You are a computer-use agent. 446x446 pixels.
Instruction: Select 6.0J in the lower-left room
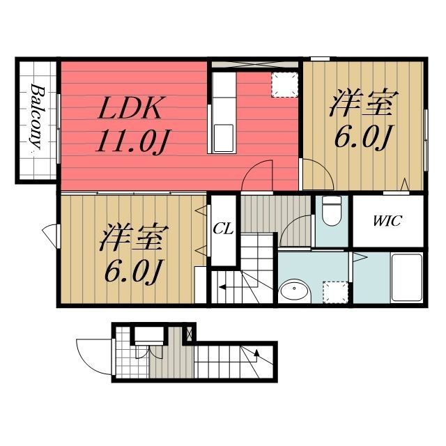coord(133,272)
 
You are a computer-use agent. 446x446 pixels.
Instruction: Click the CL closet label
coord(223,228)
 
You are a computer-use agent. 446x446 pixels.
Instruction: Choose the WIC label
coord(387,222)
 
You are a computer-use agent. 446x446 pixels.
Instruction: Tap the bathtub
coord(406,277)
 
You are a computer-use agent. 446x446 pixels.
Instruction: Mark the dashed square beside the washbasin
coord(336,290)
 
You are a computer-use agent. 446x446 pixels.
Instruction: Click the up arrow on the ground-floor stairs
coord(258,357)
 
